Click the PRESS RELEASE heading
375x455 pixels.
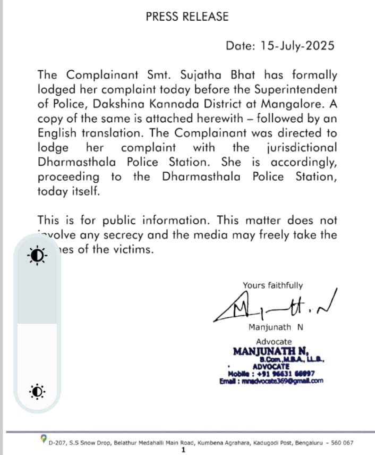pos(187,16)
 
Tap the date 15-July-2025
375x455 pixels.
pos(297,46)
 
